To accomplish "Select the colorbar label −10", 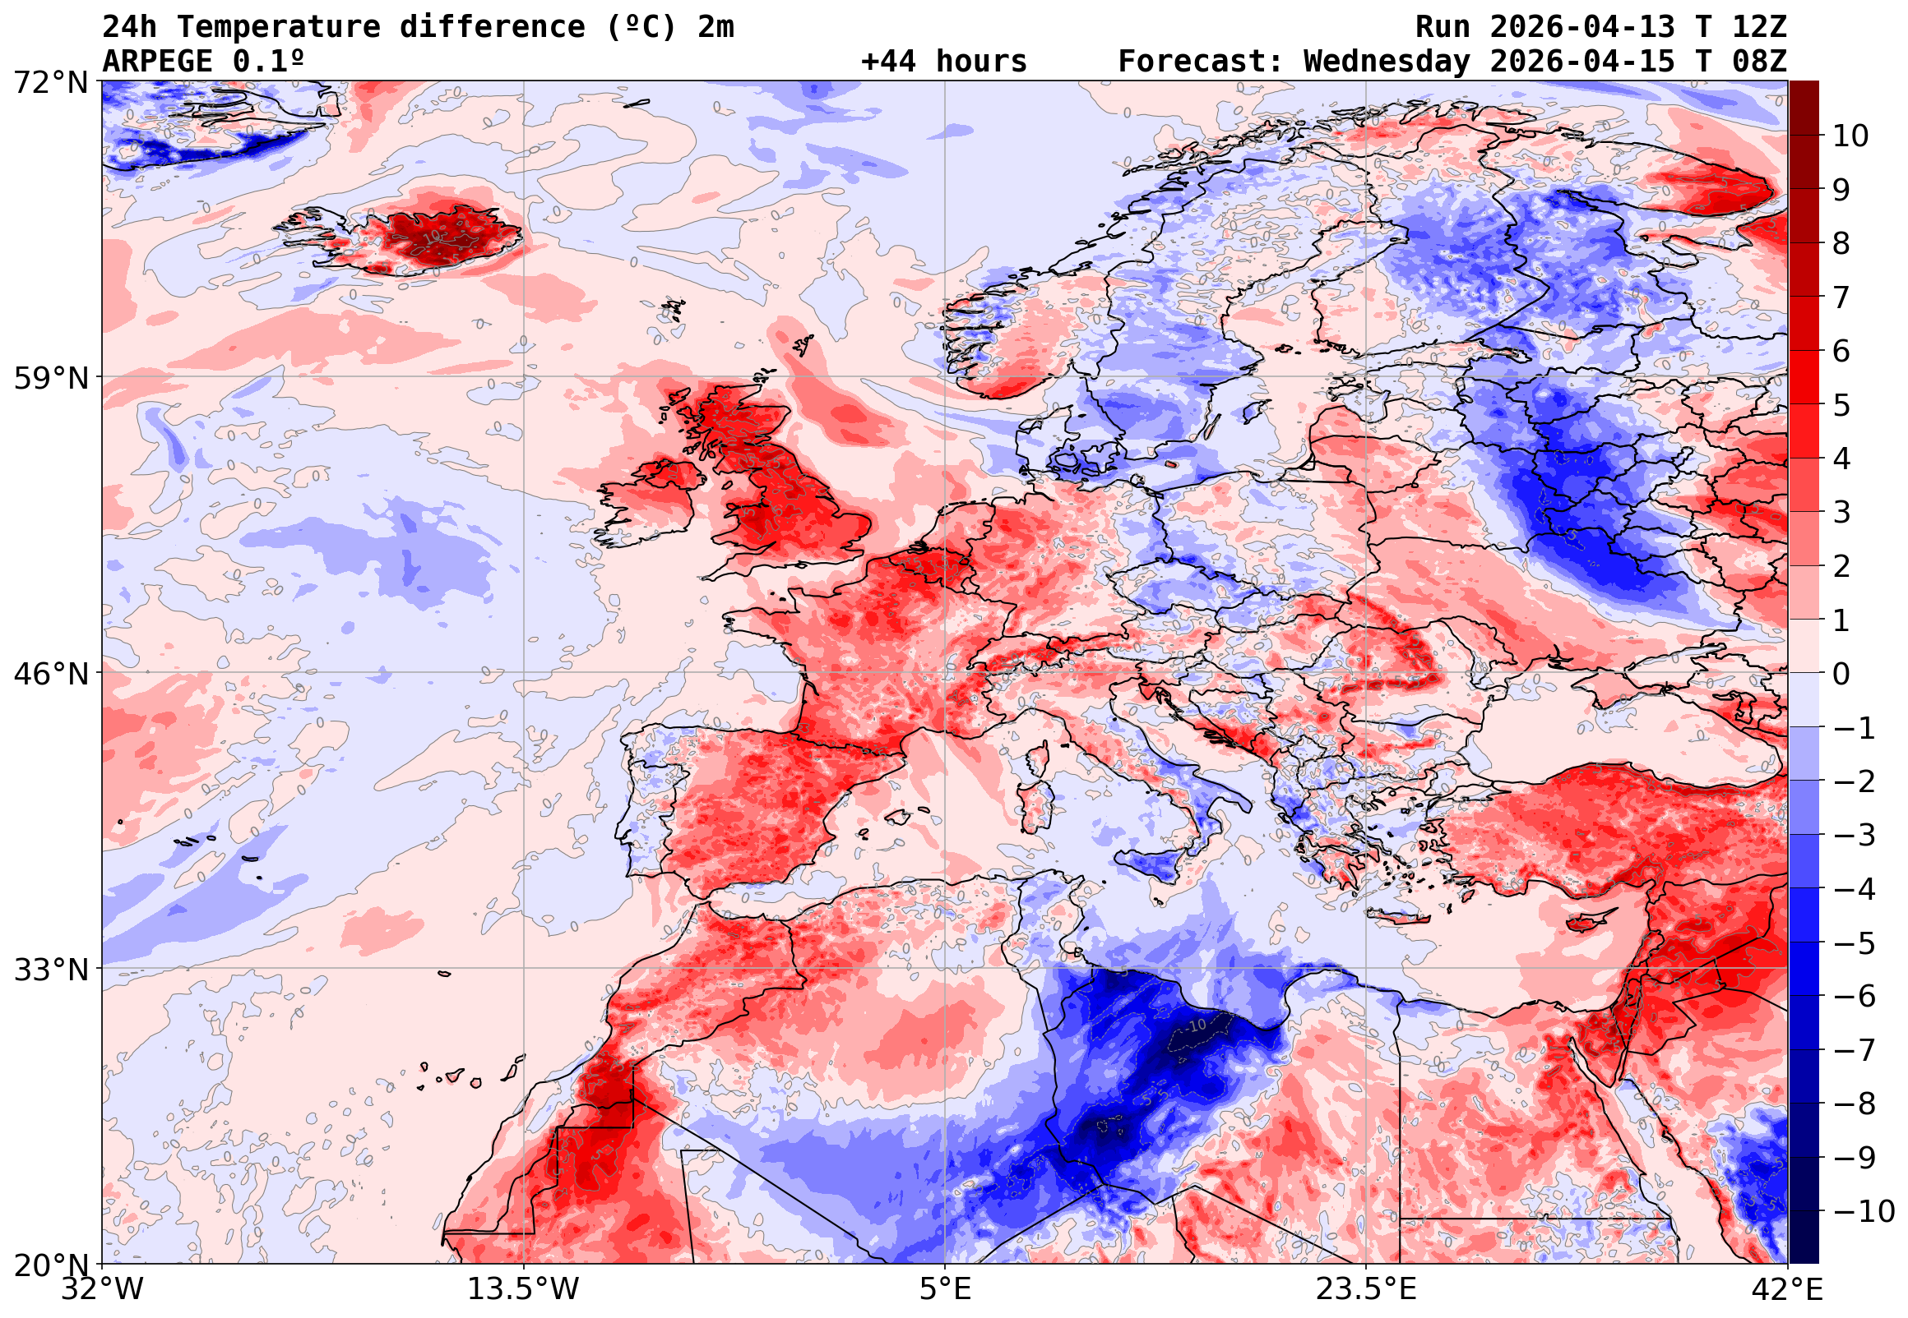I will coord(1864,1211).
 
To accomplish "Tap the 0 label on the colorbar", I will coord(1841,674).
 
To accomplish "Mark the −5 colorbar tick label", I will coord(1855,943).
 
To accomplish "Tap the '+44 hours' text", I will coord(943,62).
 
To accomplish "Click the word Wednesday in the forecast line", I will coord(1387,62).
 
